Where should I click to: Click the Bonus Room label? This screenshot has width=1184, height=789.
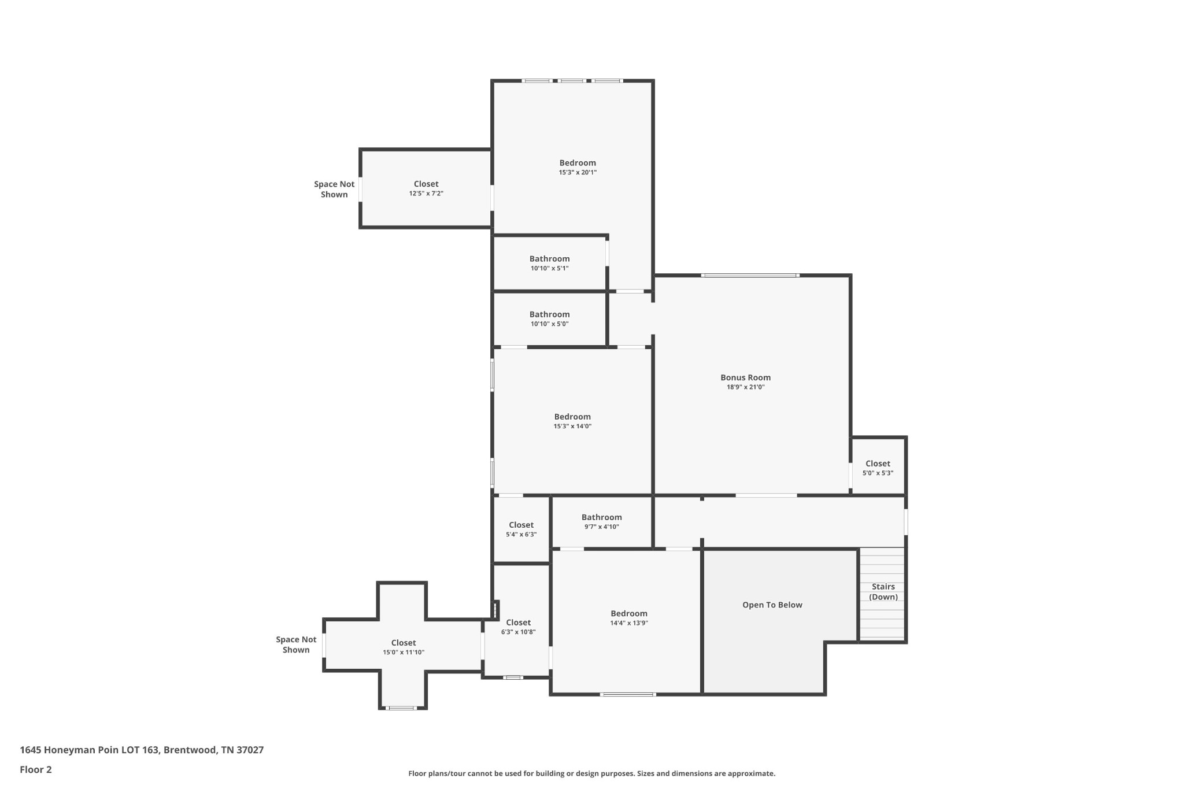coord(745,377)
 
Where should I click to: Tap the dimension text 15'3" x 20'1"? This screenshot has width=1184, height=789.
coord(578,172)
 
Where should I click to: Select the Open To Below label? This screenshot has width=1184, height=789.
coord(772,605)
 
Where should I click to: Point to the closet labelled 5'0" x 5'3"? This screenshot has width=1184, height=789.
coord(878,467)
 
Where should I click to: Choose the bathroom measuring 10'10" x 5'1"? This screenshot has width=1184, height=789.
coord(549,263)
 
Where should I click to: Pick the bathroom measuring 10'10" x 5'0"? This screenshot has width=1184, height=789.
coord(549,318)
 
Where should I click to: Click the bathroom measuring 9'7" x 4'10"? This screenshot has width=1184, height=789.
coord(601,521)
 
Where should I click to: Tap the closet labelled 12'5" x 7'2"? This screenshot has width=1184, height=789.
coord(426,188)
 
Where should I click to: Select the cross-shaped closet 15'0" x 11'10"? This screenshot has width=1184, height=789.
coord(403,647)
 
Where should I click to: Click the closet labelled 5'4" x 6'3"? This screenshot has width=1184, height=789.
coord(521,529)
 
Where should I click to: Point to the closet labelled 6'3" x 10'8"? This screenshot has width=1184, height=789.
coord(518,627)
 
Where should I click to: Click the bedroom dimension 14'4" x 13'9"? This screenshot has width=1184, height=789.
coord(629,623)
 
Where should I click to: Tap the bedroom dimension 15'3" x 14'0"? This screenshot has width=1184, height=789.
coord(572,426)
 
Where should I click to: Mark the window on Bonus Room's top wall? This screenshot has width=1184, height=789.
coord(750,275)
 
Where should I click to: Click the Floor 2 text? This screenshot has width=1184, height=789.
coord(36,769)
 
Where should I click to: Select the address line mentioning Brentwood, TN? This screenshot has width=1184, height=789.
coord(142,750)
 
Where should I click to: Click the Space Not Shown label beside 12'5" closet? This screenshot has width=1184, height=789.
coord(334,189)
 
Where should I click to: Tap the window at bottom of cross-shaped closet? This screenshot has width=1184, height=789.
coord(401,707)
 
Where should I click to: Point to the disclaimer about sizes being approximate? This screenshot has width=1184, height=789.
coord(591,773)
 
